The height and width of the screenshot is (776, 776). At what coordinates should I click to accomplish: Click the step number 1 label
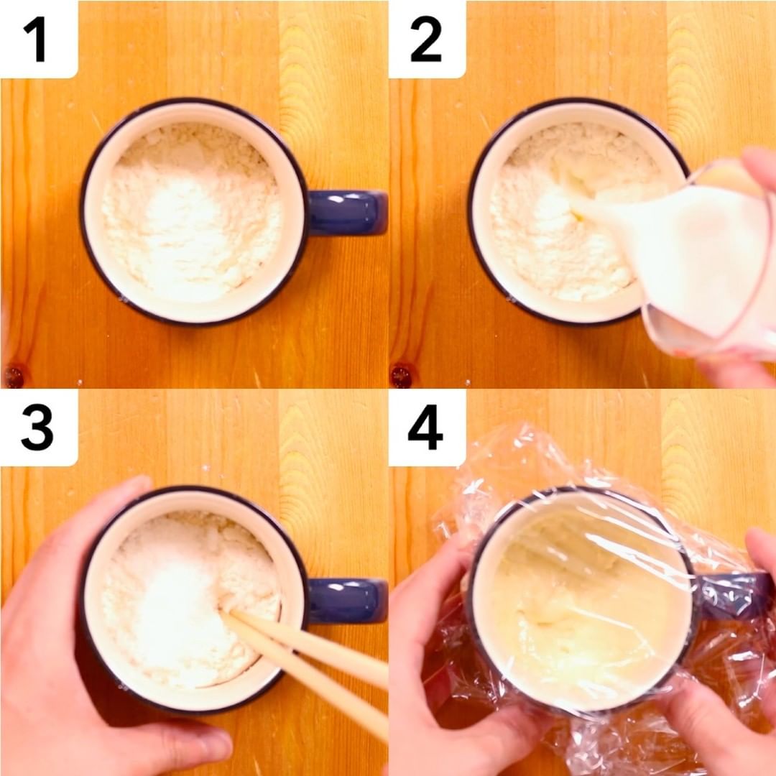click(35, 39)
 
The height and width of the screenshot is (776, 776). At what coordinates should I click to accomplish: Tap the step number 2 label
click(425, 39)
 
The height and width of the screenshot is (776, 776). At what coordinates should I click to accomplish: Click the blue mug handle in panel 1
click(348, 212)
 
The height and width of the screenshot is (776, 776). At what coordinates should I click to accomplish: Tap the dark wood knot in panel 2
click(402, 376)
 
